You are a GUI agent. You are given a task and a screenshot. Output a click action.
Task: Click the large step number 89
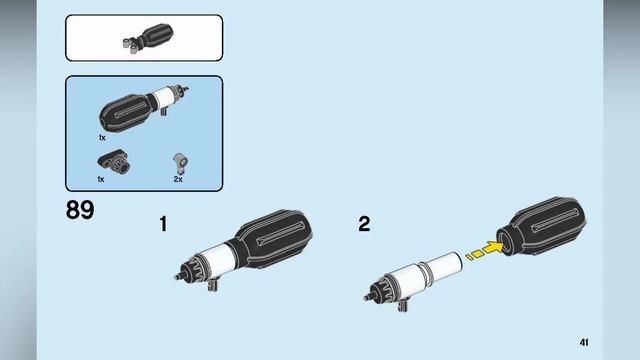[80, 210]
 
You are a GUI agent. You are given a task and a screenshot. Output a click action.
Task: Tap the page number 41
[584, 342]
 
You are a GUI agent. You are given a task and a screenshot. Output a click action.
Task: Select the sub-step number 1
[163, 224]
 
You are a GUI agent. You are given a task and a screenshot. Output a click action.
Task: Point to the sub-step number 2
[364, 224]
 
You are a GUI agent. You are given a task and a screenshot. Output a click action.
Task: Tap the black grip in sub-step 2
[542, 227]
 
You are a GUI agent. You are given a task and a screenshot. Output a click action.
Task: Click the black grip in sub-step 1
[270, 239]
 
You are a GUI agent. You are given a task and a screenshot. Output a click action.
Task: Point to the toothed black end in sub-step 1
[191, 270]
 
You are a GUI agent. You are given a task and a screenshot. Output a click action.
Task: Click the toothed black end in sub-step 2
[379, 291]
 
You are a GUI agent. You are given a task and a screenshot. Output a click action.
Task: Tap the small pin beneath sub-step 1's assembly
[213, 284]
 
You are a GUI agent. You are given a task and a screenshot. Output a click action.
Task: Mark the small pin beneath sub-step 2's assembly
[403, 305]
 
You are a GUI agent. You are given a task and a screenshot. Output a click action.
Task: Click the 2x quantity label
[178, 179]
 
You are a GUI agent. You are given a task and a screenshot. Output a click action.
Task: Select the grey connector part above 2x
[180, 163]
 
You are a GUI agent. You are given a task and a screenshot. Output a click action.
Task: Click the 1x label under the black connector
[101, 179]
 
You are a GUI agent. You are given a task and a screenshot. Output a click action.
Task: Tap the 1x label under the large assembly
[102, 138]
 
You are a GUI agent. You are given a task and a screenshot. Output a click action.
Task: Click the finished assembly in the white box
[148, 38]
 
